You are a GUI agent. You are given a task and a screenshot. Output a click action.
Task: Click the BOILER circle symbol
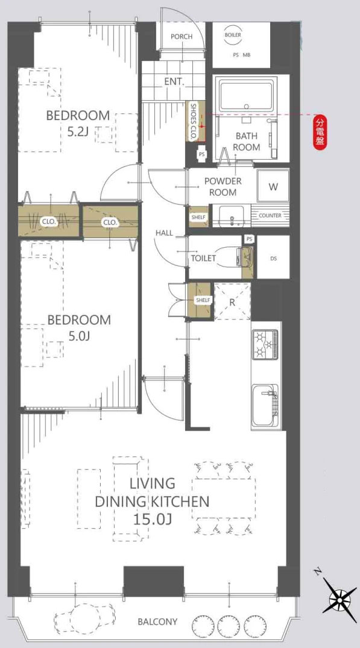click(233, 35)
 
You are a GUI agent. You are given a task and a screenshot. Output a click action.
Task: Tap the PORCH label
click(182, 36)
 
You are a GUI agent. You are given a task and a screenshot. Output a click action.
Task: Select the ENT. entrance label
click(174, 81)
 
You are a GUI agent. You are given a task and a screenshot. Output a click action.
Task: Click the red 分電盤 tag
click(320, 132)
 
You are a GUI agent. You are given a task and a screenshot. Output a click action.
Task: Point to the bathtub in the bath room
click(246, 96)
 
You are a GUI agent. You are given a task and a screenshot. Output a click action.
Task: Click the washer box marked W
click(273, 187)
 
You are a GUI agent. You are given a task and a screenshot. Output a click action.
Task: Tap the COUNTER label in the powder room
click(270, 216)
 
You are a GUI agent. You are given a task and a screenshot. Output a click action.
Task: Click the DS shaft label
click(273, 259)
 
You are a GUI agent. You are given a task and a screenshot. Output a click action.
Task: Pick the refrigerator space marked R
click(232, 301)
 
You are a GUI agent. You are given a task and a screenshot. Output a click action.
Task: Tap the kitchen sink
click(265, 405)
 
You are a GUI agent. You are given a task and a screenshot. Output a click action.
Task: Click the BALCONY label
click(157, 621)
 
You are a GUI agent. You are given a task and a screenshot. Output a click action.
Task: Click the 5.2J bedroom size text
click(78, 133)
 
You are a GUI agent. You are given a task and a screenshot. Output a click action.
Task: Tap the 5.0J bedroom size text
click(79, 336)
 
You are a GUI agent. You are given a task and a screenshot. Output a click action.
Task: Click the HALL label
click(164, 233)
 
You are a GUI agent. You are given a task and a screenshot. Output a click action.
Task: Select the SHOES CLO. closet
click(195, 121)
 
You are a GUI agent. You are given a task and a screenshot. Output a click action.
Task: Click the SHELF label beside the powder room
click(198, 217)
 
